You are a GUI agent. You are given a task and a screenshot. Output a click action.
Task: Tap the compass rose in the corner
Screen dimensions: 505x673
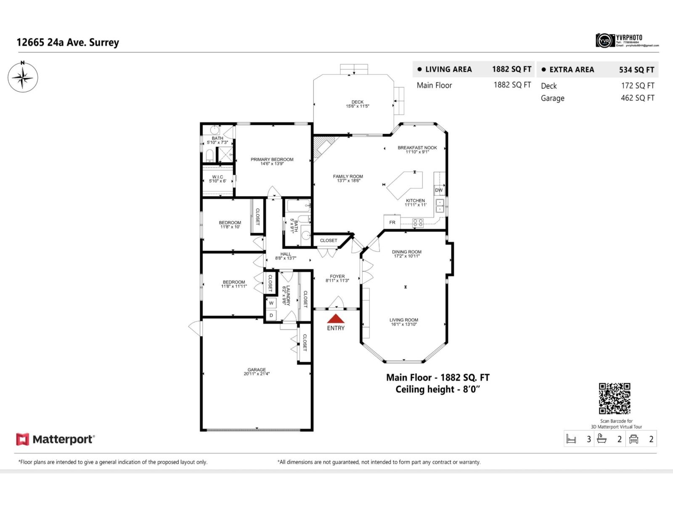[23, 77]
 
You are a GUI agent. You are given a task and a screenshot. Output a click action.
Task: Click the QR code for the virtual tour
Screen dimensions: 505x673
[615, 398]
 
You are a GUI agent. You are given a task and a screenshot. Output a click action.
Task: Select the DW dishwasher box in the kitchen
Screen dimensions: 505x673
[439, 190]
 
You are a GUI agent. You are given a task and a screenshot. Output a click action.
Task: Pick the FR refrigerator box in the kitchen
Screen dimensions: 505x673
[392, 222]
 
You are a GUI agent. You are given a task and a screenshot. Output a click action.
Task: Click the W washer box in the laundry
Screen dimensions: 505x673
[271, 303]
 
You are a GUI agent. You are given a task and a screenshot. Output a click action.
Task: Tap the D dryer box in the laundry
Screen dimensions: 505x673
[271, 315]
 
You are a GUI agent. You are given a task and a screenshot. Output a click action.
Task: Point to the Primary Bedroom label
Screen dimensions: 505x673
[272, 159]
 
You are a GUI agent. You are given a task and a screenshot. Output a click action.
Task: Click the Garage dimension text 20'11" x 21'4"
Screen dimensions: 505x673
[257, 374]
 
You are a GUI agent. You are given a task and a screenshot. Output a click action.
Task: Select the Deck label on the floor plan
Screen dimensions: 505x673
[358, 102]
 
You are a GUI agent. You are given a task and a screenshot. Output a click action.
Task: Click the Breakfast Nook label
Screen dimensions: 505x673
[417, 148]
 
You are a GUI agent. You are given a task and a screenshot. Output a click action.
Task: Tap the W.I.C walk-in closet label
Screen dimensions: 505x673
[217, 177]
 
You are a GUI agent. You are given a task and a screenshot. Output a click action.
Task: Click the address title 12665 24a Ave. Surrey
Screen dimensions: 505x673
[68, 43]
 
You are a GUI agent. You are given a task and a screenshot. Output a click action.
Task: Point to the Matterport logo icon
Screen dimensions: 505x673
[22, 439]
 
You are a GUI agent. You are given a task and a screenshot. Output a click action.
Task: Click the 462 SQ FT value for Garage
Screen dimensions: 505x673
[637, 98]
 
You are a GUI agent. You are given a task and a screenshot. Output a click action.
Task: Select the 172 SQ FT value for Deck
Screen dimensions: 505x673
[637, 85]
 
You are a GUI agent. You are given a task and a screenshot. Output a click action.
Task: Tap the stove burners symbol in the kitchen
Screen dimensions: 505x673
[418, 223]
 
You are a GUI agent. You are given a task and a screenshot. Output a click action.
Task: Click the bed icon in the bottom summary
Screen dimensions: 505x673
[571, 439]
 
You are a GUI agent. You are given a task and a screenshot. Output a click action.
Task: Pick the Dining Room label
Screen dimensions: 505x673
[406, 252]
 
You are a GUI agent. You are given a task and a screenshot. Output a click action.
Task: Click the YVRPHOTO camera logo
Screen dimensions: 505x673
[605, 40]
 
